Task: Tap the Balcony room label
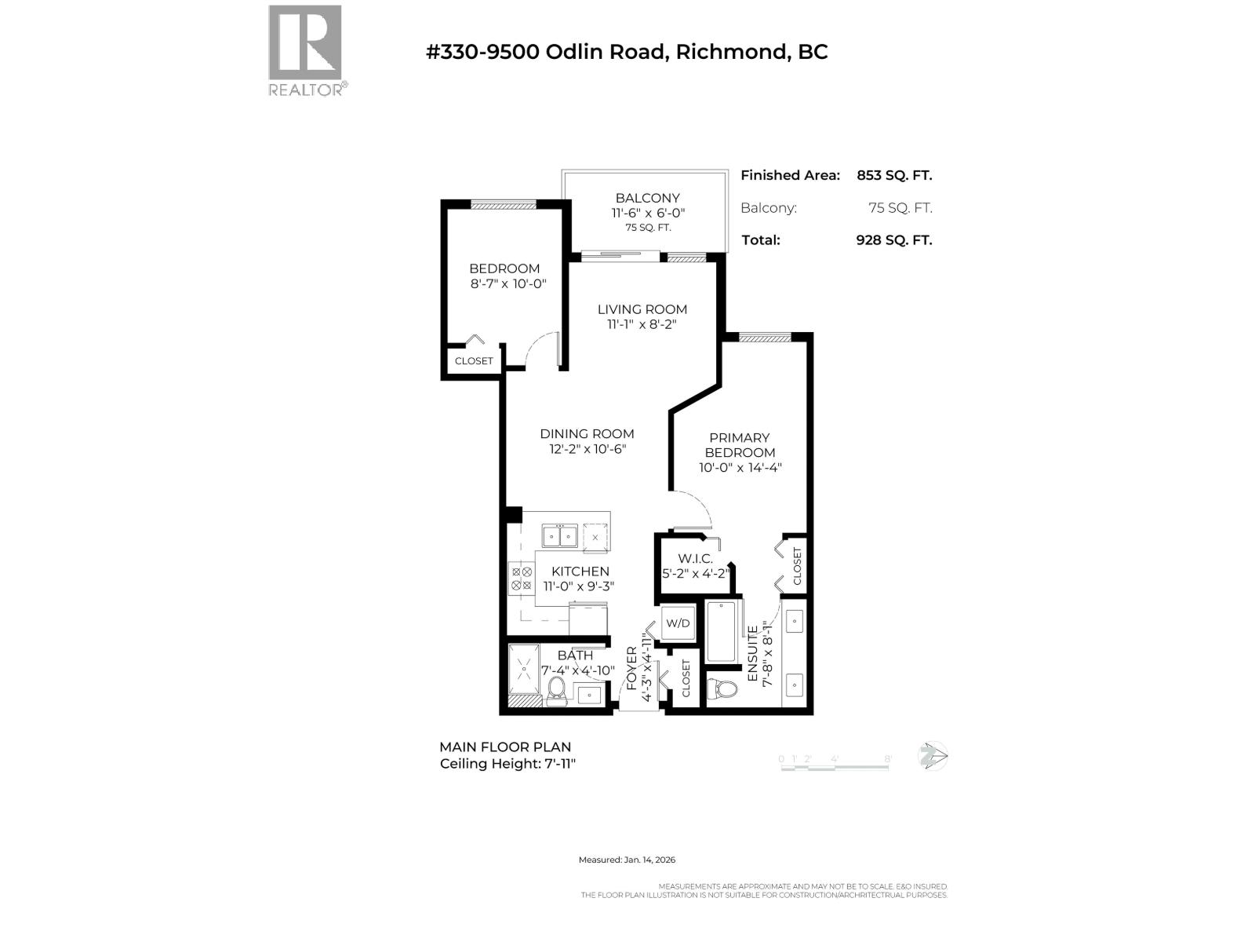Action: click(x=647, y=198)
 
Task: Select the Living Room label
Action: click(x=642, y=309)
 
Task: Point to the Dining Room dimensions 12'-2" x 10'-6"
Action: click(x=587, y=450)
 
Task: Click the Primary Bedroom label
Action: click(x=740, y=445)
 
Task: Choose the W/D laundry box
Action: click(x=678, y=623)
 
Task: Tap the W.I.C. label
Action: click(x=695, y=559)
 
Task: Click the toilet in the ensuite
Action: click(x=722, y=689)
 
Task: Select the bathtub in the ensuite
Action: click(x=721, y=632)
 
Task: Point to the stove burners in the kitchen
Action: click(x=522, y=579)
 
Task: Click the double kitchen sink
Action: click(x=560, y=537)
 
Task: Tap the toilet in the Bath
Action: click(x=556, y=690)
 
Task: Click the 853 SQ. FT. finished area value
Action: click(x=894, y=176)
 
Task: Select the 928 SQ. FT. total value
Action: click(x=894, y=240)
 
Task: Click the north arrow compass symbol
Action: click(x=933, y=757)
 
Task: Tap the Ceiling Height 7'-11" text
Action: click(x=507, y=764)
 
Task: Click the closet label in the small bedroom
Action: click(x=474, y=361)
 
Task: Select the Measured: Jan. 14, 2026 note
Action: click(x=627, y=860)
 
